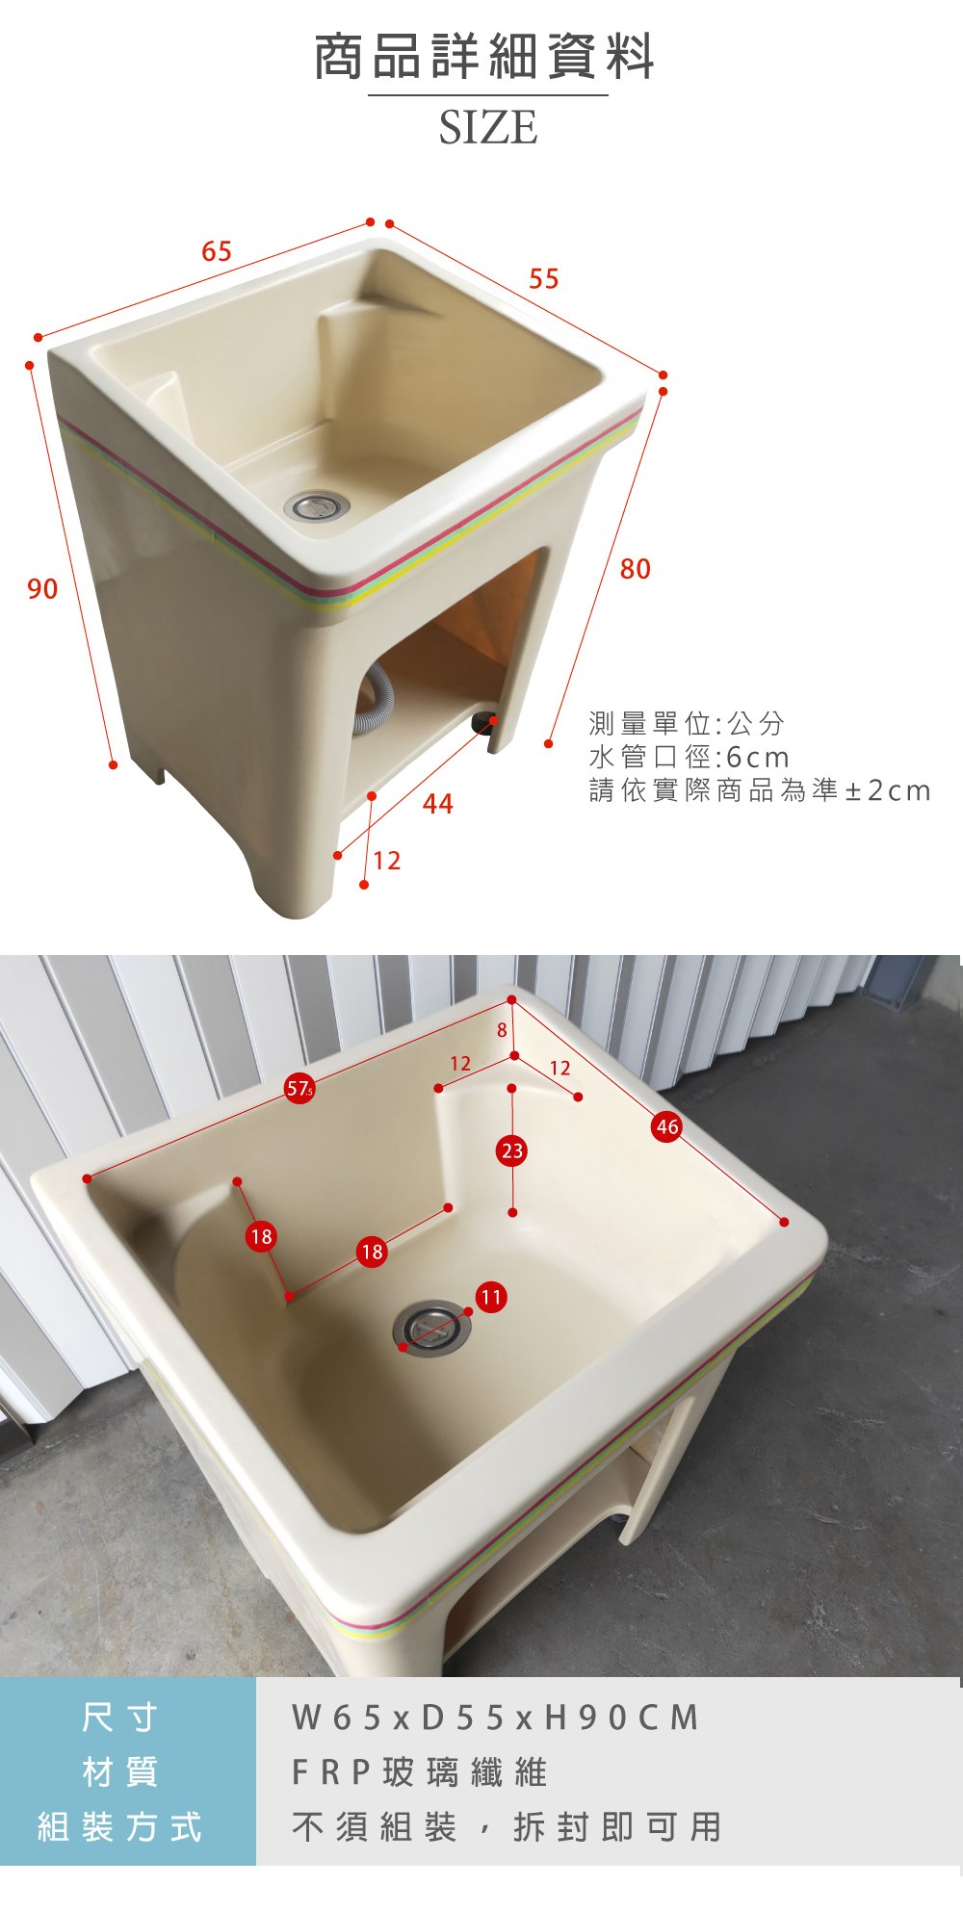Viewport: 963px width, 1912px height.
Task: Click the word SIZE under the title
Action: click(488, 128)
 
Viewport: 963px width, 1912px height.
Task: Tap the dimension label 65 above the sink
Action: click(217, 251)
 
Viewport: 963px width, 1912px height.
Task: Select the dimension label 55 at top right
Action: click(544, 279)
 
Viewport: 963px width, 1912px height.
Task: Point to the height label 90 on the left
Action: click(42, 589)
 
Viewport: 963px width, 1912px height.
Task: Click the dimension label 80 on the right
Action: click(636, 569)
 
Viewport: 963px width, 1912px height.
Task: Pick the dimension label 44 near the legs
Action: click(438, 805)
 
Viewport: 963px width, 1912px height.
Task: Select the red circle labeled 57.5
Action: click(299, 1089)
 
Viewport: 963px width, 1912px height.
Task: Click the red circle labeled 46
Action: click(667, 1126)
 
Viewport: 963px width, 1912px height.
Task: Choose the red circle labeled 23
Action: click(512, 1150)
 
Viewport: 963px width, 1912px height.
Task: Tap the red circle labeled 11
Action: click(491, 1297)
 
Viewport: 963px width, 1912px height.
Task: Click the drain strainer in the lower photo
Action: click(432, 1328)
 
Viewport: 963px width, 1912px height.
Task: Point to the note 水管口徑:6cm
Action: click(690, 757)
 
